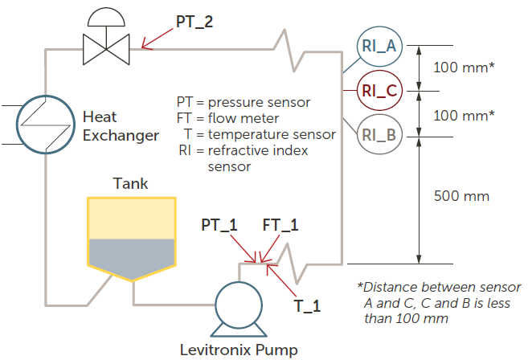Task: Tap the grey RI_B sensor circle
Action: [379, 134]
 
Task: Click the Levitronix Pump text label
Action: [238, 350]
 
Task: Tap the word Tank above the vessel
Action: [131, 183]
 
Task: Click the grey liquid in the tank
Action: [130, 256]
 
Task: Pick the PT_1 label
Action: [219, 226]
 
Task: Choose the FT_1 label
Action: [280, 226]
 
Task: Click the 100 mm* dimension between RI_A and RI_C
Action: [464, 67]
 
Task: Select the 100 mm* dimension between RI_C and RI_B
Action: [464, 115]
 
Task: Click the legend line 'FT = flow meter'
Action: [235, 118]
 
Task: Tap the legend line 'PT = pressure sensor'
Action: [244, 102]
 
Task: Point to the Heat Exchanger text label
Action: [121, 126]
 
